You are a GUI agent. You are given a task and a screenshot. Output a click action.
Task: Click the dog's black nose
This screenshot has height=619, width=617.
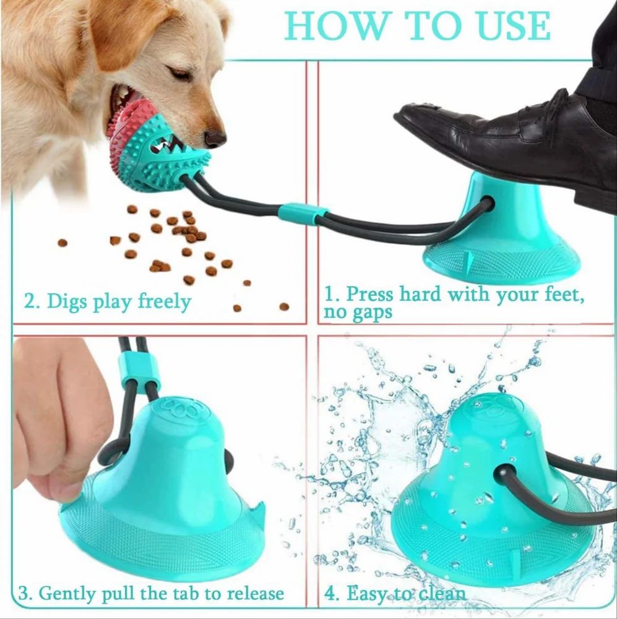tap(215, 137)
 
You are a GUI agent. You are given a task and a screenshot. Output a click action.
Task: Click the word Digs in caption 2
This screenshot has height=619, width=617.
tap(69, 302)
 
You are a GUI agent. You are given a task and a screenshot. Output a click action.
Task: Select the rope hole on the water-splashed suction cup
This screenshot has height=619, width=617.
tap(498, 473)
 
